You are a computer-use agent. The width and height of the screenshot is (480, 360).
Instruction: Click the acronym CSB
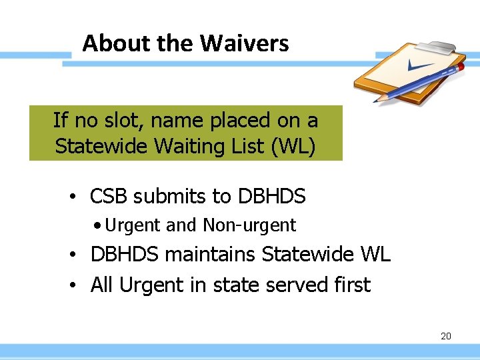click(x=109, y=197)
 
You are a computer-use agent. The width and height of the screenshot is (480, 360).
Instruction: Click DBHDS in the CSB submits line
click(x=271, y=197)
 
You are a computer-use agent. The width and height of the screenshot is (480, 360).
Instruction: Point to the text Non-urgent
click(x=249, y=226)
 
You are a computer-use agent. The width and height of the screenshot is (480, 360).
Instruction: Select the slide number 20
click(x=446, y=336)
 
